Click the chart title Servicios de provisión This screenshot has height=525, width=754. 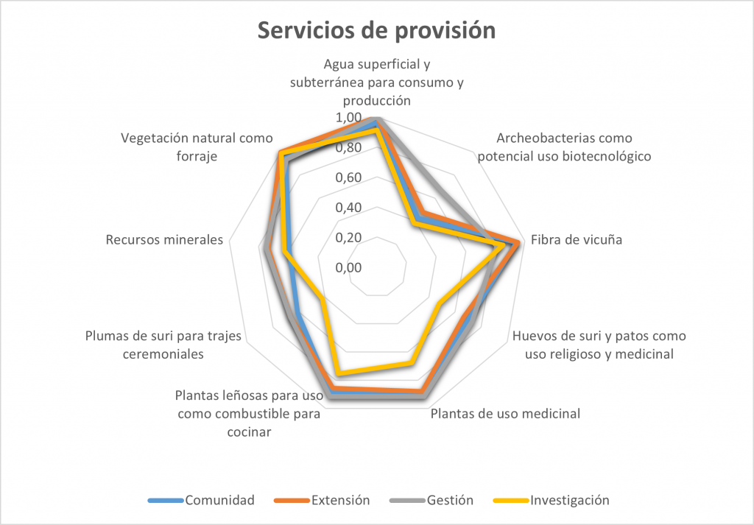376,30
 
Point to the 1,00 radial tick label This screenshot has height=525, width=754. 348,118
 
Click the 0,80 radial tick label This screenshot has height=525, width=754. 348,147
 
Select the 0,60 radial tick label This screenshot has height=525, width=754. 348,177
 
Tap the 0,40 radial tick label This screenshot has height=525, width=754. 348,208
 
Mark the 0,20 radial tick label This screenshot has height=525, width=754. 348,237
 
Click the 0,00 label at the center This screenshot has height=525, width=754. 348,267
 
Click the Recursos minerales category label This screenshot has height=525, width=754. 164,239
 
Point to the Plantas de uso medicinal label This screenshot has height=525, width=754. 505,413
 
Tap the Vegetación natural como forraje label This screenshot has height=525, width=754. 197,147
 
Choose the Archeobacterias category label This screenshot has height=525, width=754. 565,147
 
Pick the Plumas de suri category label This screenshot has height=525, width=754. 164,345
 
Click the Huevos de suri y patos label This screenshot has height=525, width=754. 599,345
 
